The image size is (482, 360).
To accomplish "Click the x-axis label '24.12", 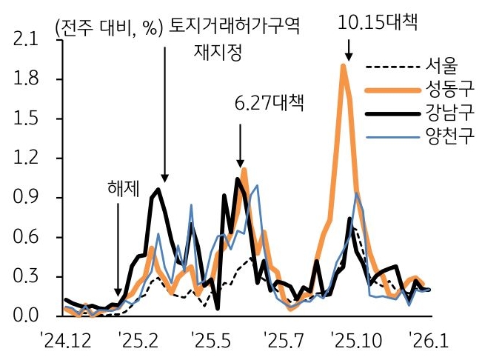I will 70,343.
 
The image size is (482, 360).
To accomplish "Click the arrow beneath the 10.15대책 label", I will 348,50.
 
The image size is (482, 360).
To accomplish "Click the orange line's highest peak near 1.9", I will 344,66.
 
